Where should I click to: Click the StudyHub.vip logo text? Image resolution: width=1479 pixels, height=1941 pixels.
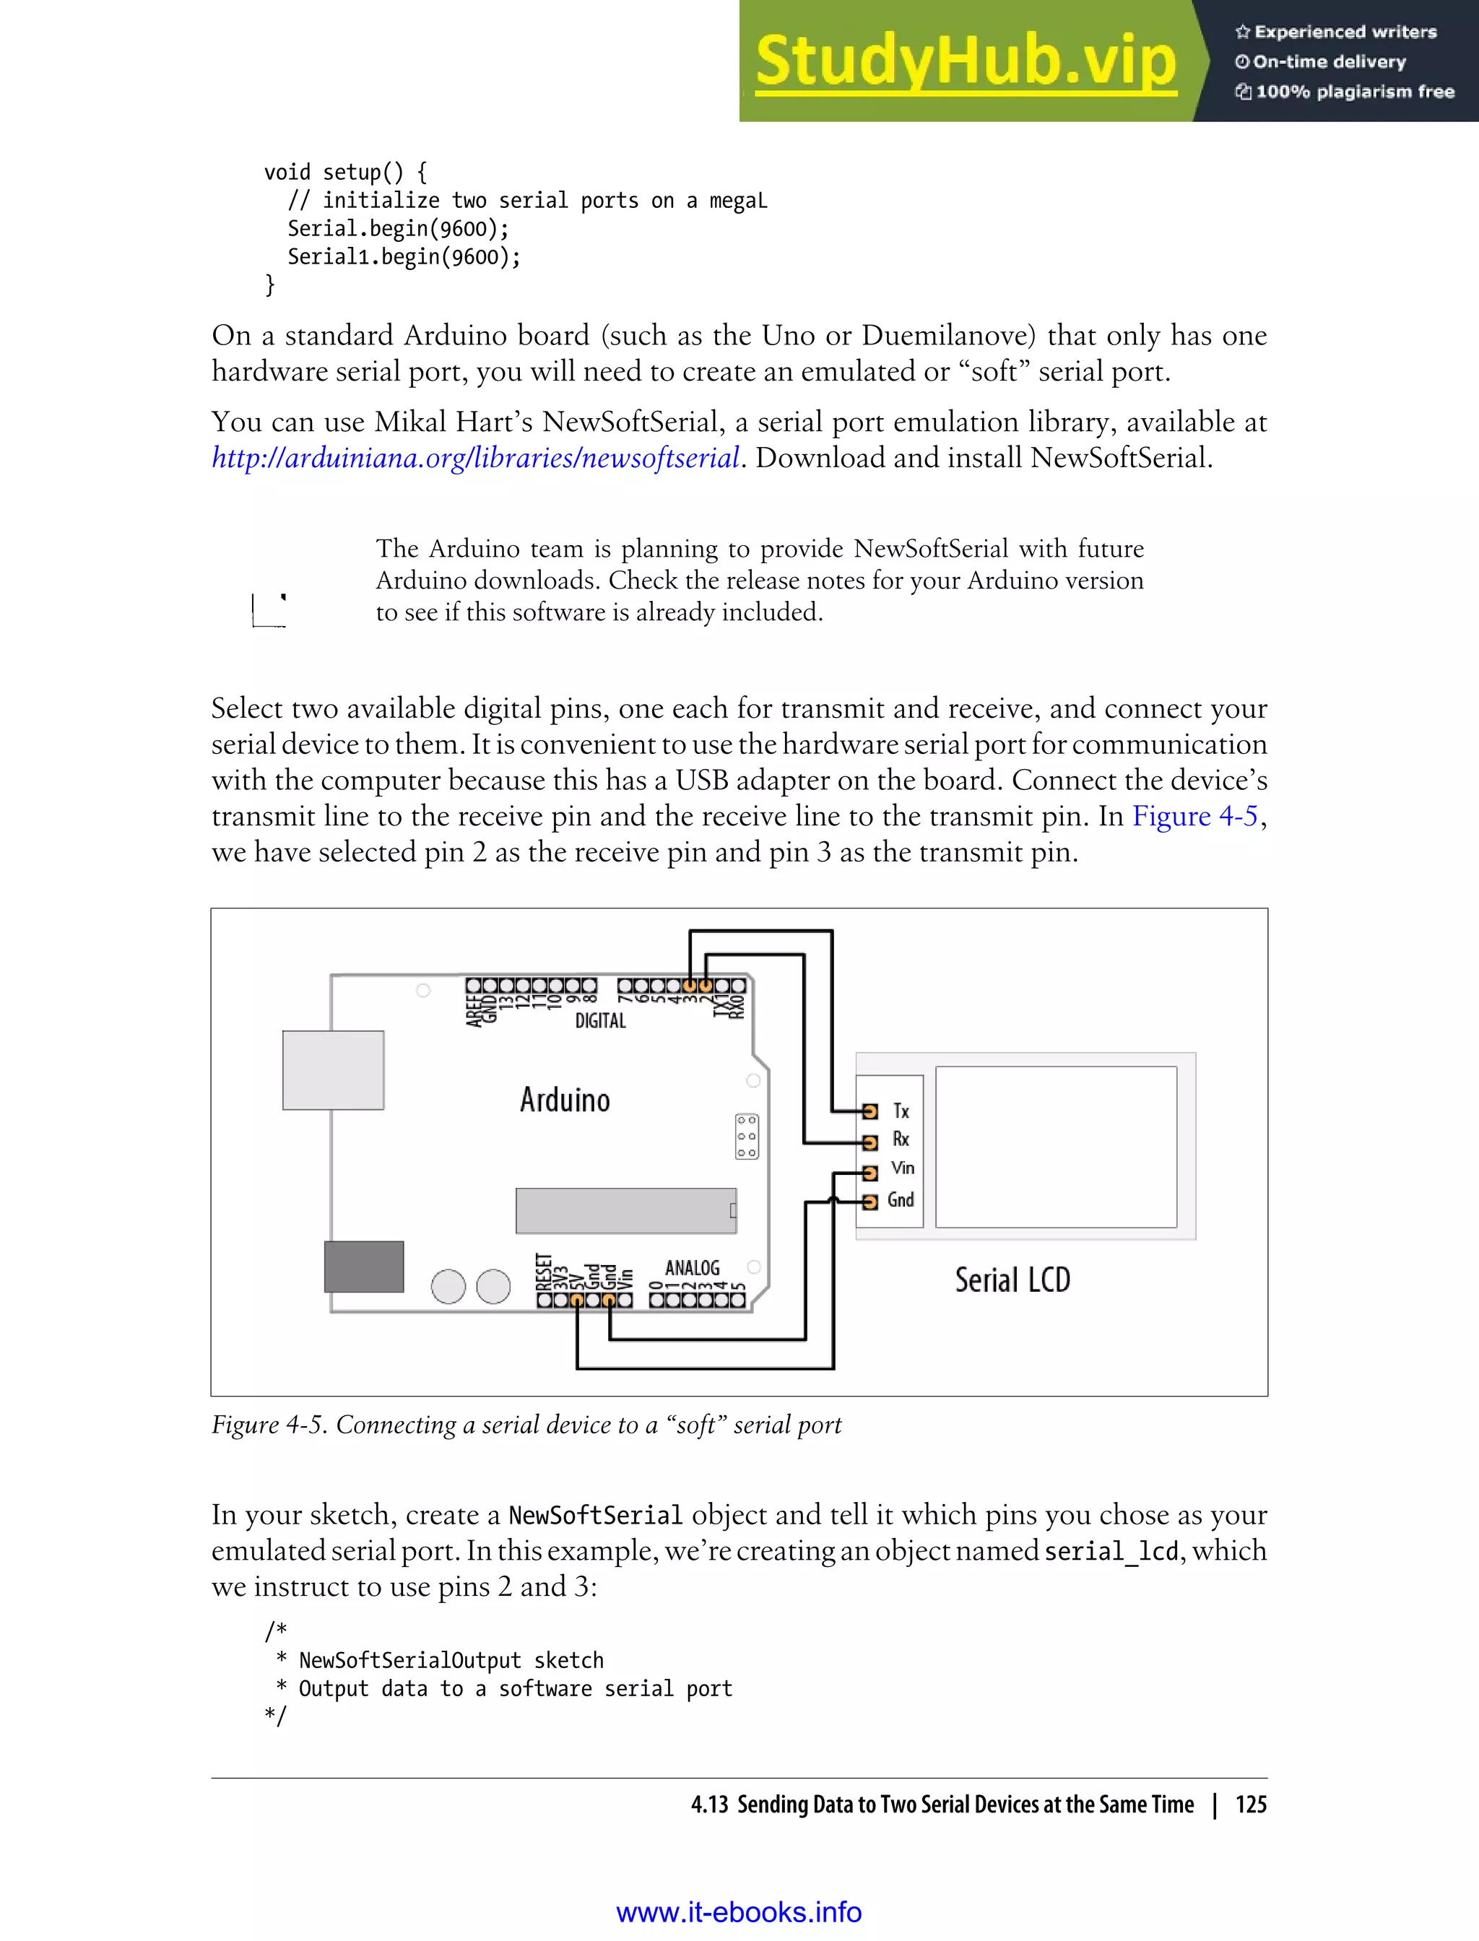click(965, 61)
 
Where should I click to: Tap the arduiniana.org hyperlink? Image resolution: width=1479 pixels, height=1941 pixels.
click(474, 458)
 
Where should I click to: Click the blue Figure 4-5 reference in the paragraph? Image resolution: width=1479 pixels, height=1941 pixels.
click(1194, 816)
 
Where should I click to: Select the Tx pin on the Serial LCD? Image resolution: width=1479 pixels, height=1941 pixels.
click(869, 1111)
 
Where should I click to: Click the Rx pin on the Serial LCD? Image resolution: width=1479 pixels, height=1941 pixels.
click(869, 1142)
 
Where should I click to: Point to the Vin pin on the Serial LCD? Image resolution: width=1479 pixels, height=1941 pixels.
click(869, 1173)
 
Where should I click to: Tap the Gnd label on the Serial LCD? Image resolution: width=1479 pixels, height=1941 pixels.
click(900, 1200)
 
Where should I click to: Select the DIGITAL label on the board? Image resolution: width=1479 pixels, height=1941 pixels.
click(600, 1021)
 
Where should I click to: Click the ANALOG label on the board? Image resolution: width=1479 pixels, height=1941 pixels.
click(692, 1267)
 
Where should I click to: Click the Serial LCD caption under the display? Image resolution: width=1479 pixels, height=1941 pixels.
click(1012, 1280)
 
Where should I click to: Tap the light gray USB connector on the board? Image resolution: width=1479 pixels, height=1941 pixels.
click(333, 1069)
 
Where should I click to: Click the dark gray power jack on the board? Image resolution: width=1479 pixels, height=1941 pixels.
click(363, 1267)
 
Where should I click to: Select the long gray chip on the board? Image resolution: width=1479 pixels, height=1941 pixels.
click(625, 1210)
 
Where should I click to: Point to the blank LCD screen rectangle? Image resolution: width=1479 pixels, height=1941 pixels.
click(1056, 1146)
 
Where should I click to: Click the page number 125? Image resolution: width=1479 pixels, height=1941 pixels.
click(1250, 1805)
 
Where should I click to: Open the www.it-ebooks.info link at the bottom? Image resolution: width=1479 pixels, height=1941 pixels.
click(739, 1912)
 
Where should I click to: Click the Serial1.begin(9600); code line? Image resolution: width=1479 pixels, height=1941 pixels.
click(404, 257)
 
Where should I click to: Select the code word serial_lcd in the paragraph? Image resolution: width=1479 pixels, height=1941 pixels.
click(1111, 1551)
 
